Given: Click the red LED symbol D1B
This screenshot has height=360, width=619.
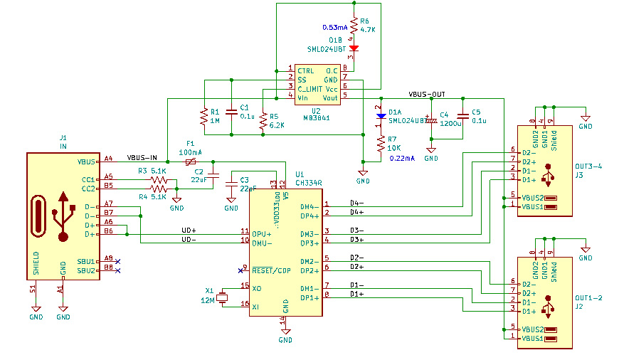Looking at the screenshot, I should point(354,48).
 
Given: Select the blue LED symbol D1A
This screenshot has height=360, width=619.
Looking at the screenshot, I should point(381,114).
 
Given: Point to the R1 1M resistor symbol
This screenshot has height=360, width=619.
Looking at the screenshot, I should point(204,116).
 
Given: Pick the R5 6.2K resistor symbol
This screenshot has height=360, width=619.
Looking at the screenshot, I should point(263,120).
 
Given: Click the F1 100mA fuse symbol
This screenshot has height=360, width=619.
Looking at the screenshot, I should point(190,162).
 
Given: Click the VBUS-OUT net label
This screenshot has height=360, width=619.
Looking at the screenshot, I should point(427,94).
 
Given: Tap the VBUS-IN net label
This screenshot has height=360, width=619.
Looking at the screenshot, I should point(142,158).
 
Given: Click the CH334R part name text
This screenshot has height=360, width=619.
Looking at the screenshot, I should point(308,183).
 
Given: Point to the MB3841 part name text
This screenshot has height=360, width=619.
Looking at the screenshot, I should point(315,117).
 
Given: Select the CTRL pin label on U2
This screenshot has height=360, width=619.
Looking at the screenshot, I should point(306,71).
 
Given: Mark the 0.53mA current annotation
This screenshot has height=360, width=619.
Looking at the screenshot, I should point(334,26).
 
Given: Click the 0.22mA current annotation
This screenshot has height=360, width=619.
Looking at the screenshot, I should point(403,159).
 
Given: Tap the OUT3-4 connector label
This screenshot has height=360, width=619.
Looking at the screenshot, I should point(588,166).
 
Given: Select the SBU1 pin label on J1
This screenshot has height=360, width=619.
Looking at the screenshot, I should point(86,261).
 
